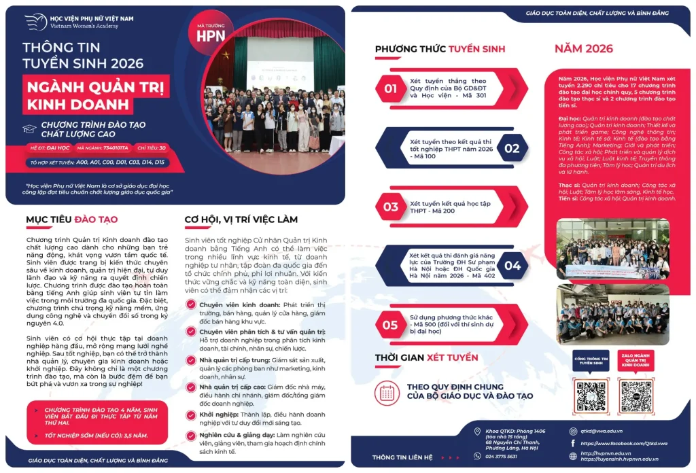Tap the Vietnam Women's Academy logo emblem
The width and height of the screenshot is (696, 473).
(35, 22)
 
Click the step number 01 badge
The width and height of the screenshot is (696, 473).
(390, 88)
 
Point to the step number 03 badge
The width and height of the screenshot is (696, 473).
(390, 207)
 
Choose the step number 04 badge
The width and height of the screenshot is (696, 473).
(512, 265)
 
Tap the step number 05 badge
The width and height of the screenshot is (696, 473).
(390, 324)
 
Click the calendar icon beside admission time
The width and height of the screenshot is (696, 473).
(387, 392)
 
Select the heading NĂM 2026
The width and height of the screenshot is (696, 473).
(583, 48)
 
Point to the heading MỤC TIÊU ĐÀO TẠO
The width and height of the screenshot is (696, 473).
(71, 220)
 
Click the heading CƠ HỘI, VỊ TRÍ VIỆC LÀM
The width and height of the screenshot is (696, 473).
(241, 220)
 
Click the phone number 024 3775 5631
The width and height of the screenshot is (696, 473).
(501, 456)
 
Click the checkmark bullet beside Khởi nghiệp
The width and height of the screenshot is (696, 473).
(192, 415)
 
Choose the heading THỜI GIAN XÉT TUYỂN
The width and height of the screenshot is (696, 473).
(426, 357)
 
